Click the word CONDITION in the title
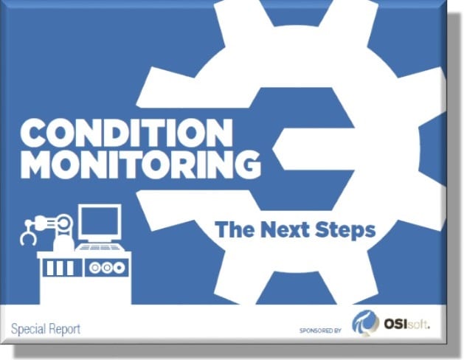pos(126,133)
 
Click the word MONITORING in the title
pos(141,165)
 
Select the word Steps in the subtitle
pos(345,230)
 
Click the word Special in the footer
pos(29,329)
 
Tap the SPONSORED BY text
pos(320,330)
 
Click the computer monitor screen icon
pos(100,223)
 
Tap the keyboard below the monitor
pos(100,247)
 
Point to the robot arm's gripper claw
pos(28,235)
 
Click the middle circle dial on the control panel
pos(107,268)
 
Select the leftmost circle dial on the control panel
pos(94,268)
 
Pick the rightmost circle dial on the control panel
pos(120,268)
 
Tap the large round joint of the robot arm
pos(64,222)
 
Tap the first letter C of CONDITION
pos(33,133)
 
